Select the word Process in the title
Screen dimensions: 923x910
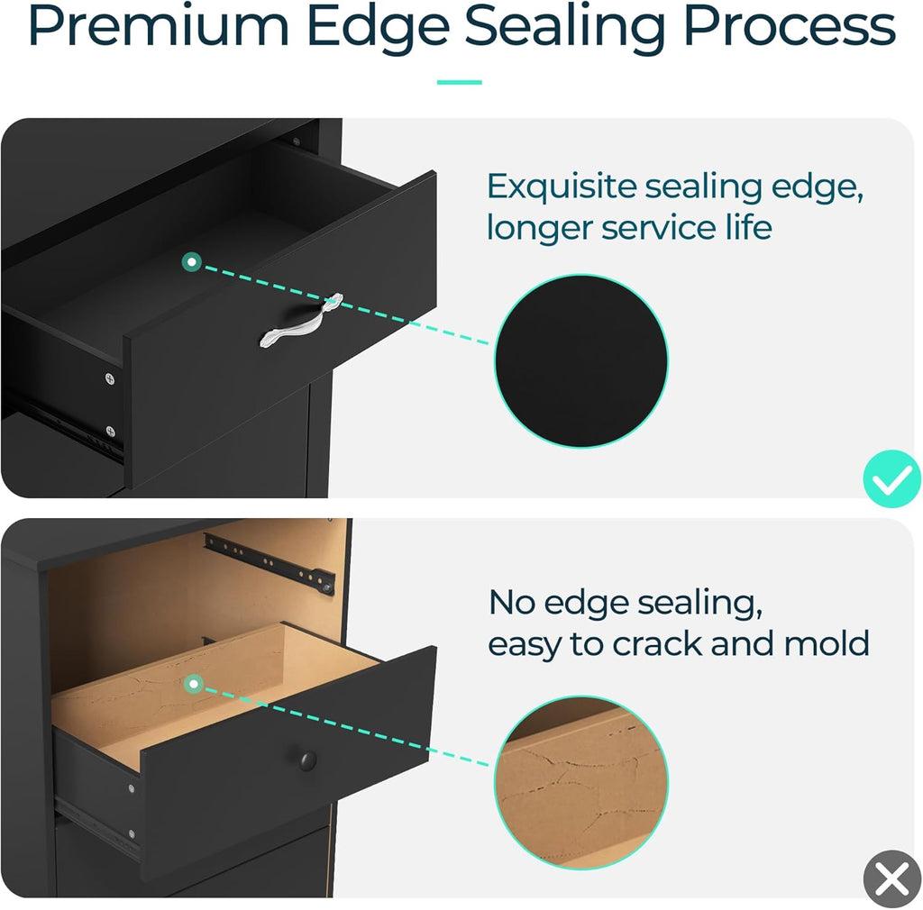790,27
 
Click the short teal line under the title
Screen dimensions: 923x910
459,82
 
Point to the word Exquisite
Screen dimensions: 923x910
562,187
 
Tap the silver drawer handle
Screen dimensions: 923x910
301,320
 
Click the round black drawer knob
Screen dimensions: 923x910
307,760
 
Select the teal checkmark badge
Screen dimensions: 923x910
891,478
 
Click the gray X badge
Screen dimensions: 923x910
892,878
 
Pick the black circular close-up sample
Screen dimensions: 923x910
581,360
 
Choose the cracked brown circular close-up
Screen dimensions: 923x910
581,782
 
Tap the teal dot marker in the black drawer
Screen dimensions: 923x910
192,262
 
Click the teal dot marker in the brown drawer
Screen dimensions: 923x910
193,684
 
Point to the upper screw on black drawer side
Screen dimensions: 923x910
109,378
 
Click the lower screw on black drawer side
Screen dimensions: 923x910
110,432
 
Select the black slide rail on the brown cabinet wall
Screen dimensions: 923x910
270,563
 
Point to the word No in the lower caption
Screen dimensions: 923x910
512,603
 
